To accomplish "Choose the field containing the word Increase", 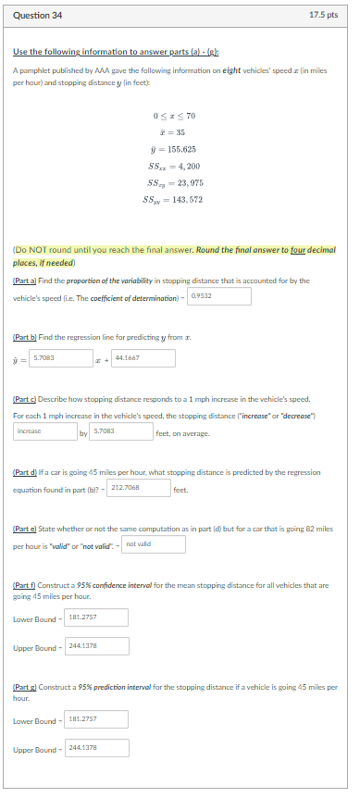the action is tap(45, 431).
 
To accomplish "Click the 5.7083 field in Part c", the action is tap(121, 431).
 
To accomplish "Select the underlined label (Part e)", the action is tap(26, 528).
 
